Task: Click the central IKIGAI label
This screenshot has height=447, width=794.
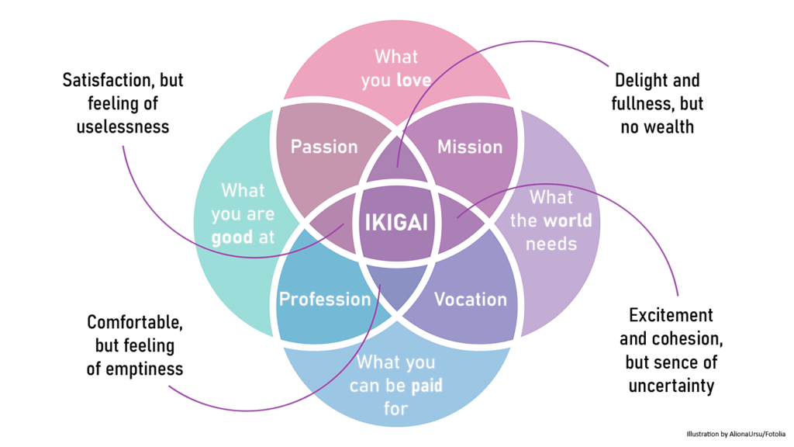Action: (396, 223)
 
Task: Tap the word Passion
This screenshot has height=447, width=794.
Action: (324, 147)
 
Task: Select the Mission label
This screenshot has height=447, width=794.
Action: (470, 147)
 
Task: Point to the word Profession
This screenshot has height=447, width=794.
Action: (325, 299)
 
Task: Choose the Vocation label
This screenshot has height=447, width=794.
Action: (471, 299)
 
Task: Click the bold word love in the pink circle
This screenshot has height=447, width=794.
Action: (414, 80)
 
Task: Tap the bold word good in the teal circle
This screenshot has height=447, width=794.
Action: (232, 237)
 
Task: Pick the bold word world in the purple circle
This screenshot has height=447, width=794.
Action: (568, 220)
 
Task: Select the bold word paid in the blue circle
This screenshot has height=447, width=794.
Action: (427, 386)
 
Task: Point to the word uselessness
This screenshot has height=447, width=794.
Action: (123, 126)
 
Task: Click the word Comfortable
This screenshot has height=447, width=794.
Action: (135, 322)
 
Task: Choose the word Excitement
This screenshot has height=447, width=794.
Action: (671, 315)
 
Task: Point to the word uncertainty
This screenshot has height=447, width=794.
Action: (671, 386)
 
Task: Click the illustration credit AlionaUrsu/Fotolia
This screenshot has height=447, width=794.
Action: (758, 434)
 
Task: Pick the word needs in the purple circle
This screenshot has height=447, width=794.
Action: (551, 244)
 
